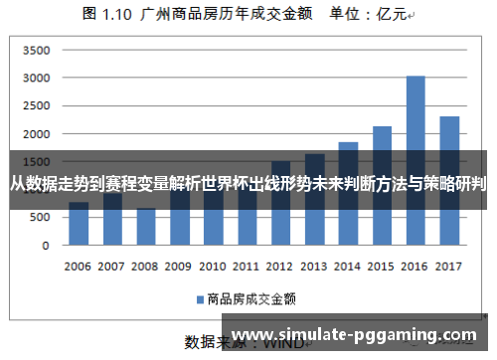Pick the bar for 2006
79,225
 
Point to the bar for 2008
146,228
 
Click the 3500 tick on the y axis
36,50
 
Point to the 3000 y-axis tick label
36,78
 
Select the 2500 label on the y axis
36,105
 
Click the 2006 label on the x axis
79,267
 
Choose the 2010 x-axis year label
213,267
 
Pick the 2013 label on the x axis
314,267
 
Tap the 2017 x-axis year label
449,267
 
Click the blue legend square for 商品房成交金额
199,297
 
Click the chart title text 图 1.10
106,15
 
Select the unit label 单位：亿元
368,15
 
